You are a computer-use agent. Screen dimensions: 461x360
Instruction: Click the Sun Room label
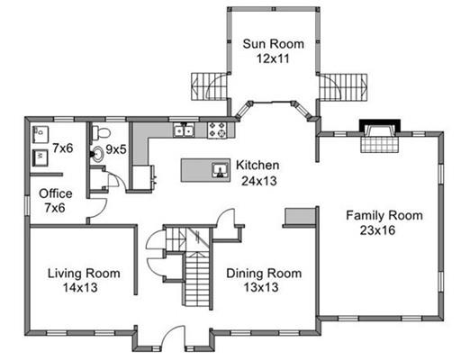(x=273, y=44)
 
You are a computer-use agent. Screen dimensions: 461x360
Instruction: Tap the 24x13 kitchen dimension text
(x=259, y=181)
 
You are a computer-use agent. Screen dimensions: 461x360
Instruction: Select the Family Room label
(x=384, y=216)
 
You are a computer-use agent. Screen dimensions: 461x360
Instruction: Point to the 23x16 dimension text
(x=377, y=230)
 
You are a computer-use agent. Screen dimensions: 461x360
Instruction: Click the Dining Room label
(x=264, y=274)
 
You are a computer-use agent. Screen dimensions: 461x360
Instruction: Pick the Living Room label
(x=84, y=274)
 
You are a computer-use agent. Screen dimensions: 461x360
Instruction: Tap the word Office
(x=56, y=193)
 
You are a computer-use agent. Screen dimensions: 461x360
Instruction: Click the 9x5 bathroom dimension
(x=116, y=149)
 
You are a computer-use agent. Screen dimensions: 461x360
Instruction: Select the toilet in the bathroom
(x=101, y=132)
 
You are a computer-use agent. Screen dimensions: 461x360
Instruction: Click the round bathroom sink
(x=97, y=154)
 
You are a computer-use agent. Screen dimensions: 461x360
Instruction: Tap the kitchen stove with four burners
(x=217, y=130)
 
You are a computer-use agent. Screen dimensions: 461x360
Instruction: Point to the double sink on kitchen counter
(x=184, y=130)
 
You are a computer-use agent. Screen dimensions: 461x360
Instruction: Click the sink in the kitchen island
(x=220, y=170)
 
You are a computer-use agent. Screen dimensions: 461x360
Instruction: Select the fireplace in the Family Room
(x=380, y=136)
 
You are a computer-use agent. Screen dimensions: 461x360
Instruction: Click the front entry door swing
(x=174, y=337)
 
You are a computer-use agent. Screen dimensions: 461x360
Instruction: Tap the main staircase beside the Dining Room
(x=197, y=279)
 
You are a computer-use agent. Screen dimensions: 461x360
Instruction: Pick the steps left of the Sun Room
(x=209, y=86)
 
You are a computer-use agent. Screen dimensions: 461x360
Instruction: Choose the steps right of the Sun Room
(x=343, y=87)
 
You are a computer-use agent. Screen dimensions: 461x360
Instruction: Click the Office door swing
(x=98, y=208)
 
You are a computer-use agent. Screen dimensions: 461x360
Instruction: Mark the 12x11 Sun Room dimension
(x=273, y=58)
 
